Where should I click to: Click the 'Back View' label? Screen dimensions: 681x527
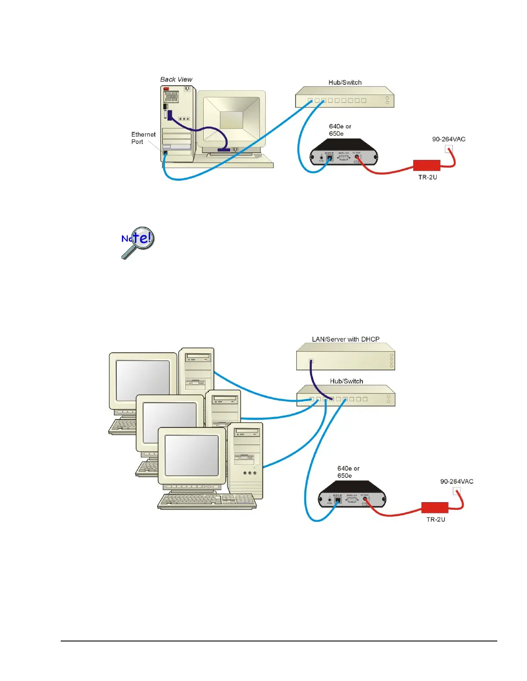(176, 80)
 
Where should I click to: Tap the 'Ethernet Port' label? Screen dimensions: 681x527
(143, 138)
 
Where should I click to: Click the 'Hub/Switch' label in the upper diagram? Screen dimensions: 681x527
(345, 83)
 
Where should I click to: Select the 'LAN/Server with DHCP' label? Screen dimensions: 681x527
(346, 339)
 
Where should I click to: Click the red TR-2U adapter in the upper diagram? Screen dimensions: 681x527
(427, 165)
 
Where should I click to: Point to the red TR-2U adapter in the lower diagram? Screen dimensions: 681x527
(434, 507)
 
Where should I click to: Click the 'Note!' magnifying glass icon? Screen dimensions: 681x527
(137, 242)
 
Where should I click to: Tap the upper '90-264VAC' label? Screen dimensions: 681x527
(449, 139)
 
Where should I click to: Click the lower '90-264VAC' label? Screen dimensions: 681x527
(456, 482)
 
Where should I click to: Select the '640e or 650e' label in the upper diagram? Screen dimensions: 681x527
(340, 130)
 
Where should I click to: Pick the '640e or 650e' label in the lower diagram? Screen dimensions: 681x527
(348, 472)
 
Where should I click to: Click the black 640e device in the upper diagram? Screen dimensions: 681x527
(344, 153)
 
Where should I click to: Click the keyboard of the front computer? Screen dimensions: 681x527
(207, 501)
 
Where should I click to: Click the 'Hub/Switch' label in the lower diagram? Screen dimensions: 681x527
(346, 381)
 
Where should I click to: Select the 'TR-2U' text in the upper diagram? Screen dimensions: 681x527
(428, 177)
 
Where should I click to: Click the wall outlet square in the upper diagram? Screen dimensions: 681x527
(449, 149)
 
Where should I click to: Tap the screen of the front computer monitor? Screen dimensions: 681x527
(192, 455)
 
